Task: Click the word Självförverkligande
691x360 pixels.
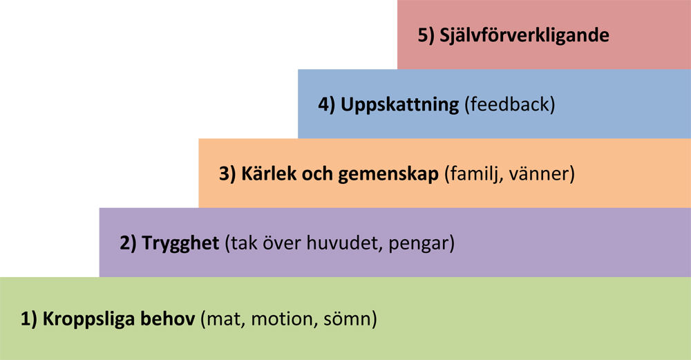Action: (x=524, y=35)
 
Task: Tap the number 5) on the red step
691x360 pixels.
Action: (x=426, y=35)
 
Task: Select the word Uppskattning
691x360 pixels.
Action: (x=399, y=105)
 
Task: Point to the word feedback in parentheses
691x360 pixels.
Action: (x=509, y=104)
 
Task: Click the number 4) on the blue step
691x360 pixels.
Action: (x=327, y=105)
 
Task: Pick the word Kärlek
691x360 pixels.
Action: (x=268, y=173)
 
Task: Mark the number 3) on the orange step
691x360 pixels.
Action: (x=227, y=174)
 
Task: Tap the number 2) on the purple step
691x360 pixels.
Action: (x=129, y=243)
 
